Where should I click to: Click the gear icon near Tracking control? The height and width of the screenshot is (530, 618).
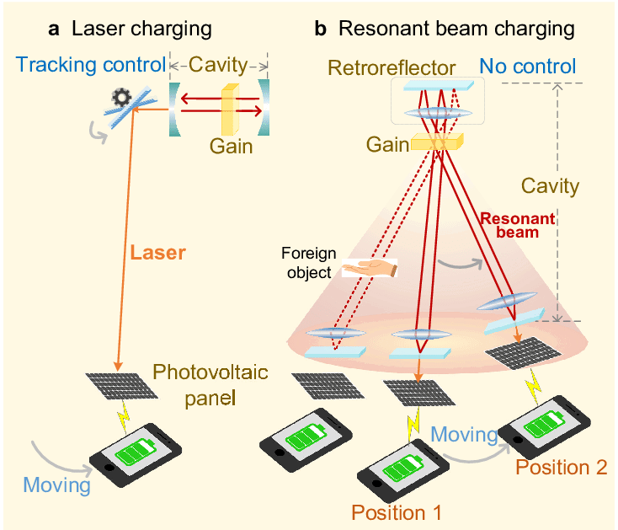[121, 98]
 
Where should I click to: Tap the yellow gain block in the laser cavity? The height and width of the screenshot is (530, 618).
[230, 110]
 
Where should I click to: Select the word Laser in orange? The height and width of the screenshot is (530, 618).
[157, 253]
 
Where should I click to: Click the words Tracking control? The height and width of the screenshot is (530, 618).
[91, 65]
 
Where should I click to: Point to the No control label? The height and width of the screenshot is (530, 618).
[527, 67]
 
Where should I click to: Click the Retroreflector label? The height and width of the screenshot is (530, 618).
[392, 67]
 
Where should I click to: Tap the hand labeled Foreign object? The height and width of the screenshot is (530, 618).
[370, 268]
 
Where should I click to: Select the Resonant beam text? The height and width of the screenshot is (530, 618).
[518, 225]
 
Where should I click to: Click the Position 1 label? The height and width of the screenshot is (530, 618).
[396, 512]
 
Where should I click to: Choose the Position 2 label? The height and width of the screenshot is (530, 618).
[562, 468]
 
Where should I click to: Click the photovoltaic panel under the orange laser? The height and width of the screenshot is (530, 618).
[122, 386]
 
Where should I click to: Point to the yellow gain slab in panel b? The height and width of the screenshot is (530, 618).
[437, 142]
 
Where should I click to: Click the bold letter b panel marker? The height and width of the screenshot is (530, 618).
[320, 29]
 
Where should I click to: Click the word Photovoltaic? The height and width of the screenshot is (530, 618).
[210, 372]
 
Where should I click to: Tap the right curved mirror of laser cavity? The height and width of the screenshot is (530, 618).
[264, 107]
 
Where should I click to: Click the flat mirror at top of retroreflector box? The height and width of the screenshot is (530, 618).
[439, 86]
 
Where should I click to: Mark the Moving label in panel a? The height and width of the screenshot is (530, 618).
[56, 484]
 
